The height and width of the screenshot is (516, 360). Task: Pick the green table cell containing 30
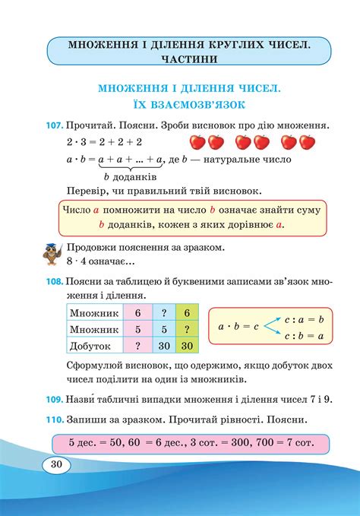click(x=186, y=345)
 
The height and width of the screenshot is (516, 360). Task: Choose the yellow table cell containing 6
click(x=186, y=312)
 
